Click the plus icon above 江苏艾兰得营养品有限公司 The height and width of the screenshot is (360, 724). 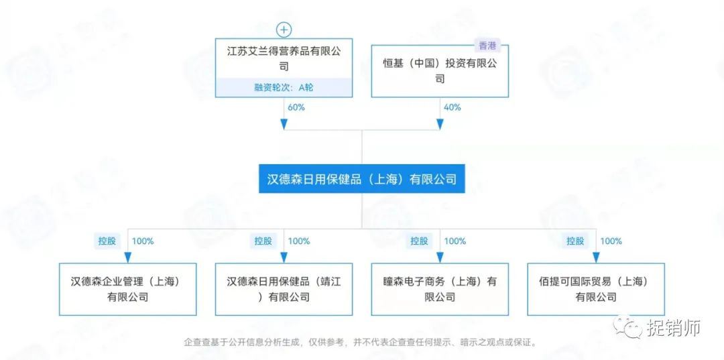click(284, 30)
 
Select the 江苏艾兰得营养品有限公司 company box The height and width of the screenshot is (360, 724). click(284, 68)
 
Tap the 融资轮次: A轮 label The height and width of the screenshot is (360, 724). click(284, 87)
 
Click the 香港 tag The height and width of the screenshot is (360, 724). click(487, 46)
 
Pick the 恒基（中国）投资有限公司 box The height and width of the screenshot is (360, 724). click(440, 70)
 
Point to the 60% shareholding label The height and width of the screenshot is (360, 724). click(296, 107)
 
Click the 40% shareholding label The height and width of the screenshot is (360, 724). click(452, 107)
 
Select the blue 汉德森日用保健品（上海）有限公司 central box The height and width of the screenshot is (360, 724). click(362, 178)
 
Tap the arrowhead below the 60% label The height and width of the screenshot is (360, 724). click(284, 124)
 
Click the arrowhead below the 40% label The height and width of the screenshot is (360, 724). click(440, 124)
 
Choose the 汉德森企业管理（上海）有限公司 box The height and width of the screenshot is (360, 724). click(128, 290)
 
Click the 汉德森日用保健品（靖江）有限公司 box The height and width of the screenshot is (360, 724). click(284, 290)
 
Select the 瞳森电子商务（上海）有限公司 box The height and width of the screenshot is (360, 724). click(440, 290)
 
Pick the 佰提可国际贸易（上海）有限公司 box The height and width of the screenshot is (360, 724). click(596, 290)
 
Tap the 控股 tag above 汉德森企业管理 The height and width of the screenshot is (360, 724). click(107, 241)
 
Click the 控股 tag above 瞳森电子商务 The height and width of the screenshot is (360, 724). click(419, 241)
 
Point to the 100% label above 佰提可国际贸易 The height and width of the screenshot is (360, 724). click(611, 241)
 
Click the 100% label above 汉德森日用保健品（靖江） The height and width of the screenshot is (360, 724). click(299, 241)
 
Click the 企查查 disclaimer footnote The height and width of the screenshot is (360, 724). click(360, 343)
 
